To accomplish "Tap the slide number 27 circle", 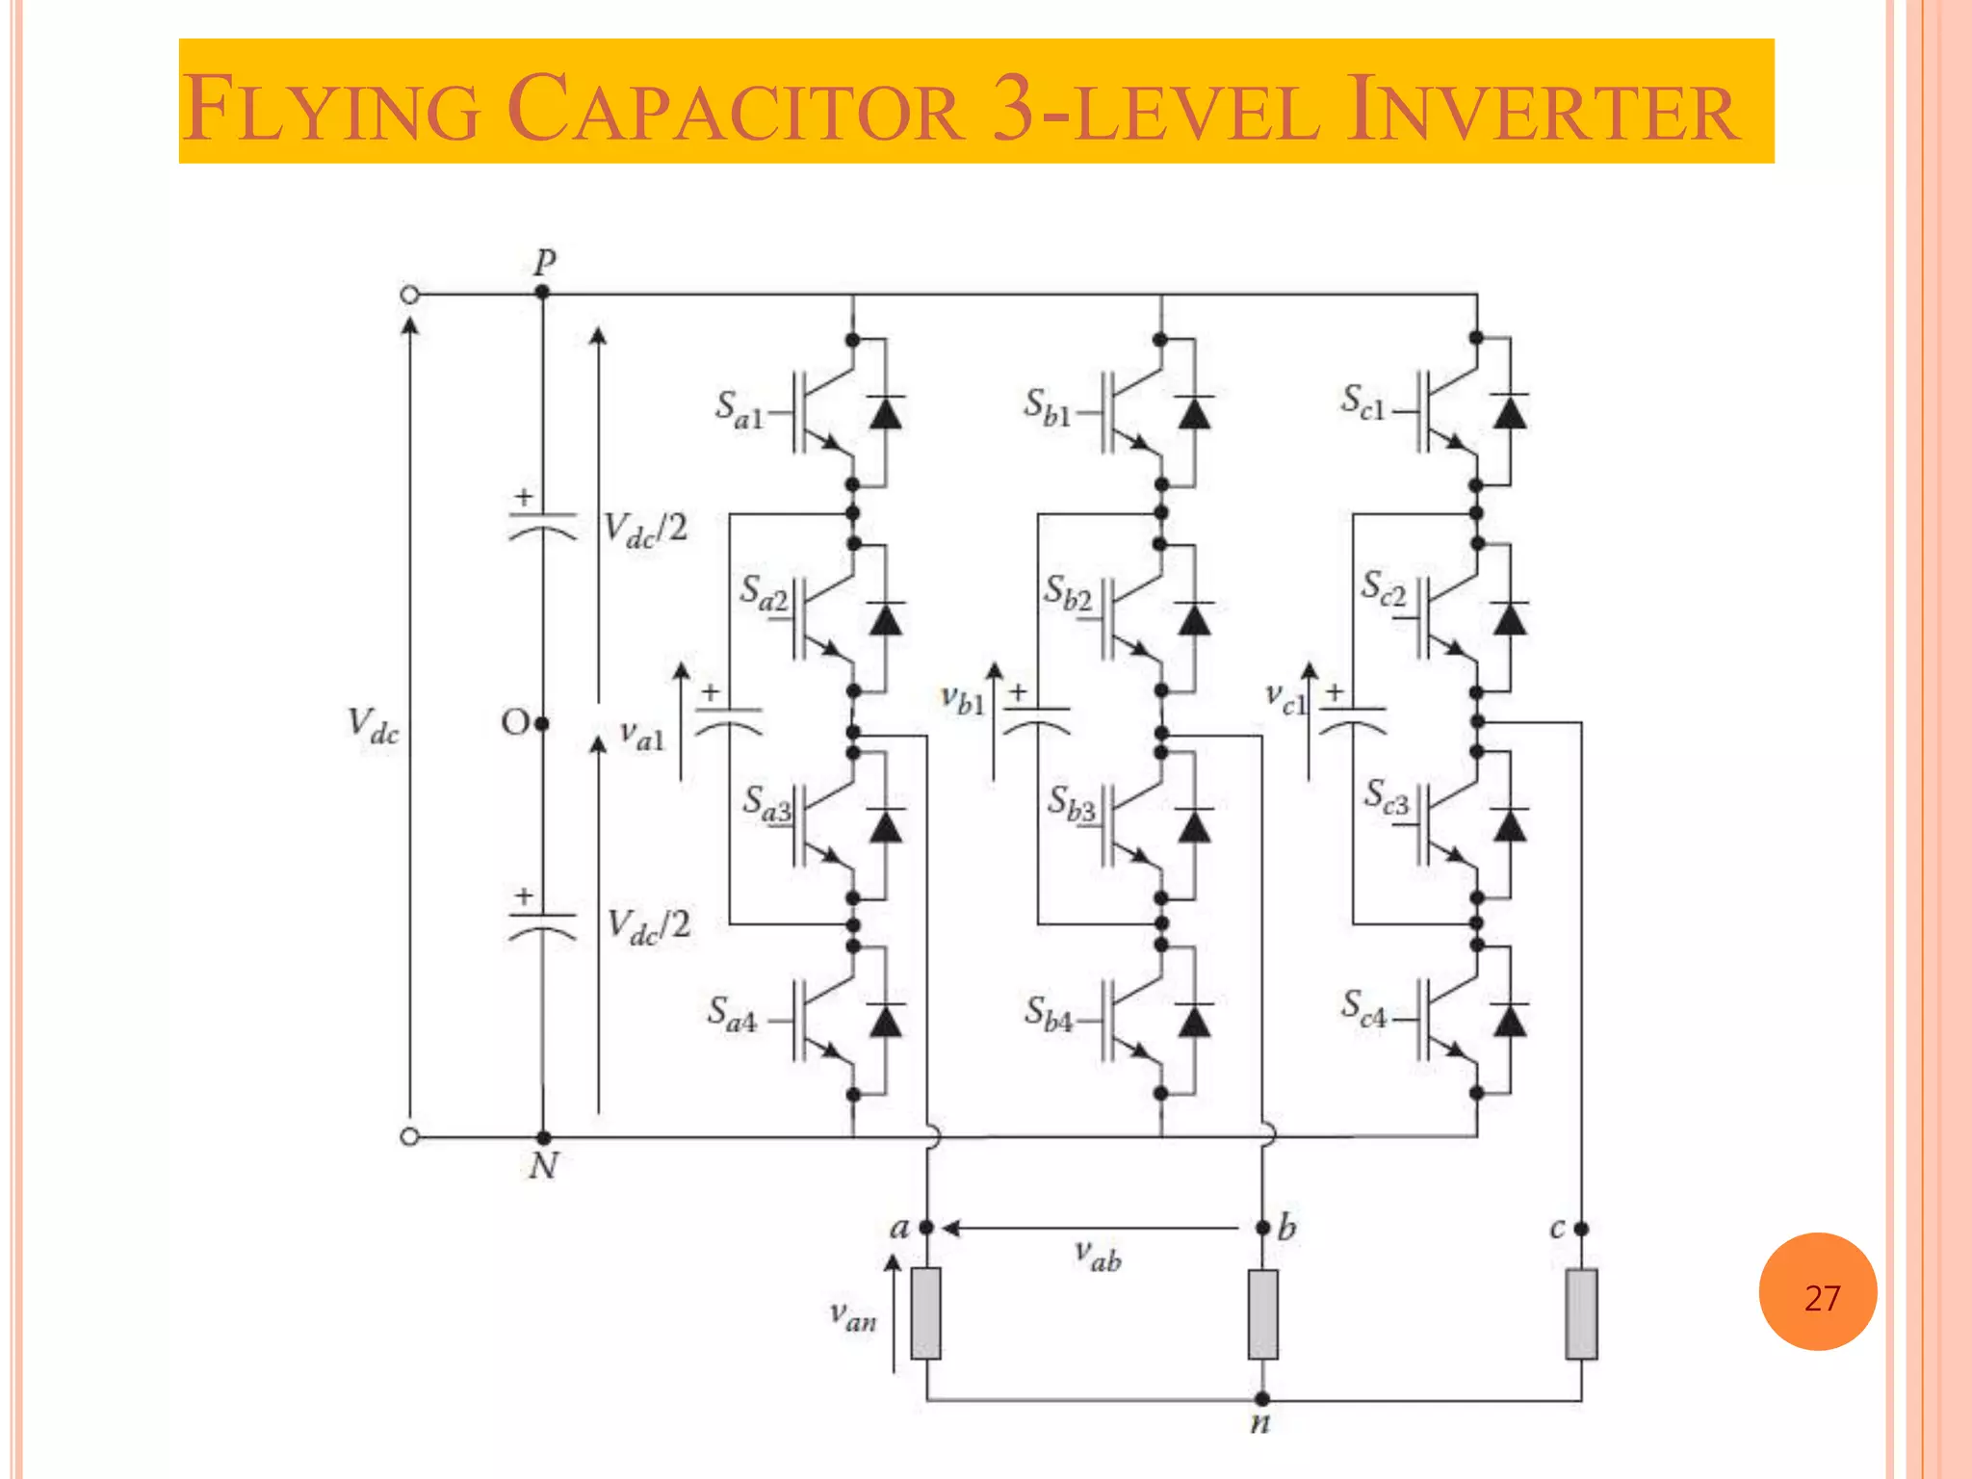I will (1817, 1292).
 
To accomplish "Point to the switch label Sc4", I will (1363, 1008).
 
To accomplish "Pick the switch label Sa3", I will (766, 804).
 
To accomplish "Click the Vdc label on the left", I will (373, 724).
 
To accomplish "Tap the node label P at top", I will (545, 262).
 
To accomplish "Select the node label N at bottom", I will (543, 1166).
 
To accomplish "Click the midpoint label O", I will (515, 722).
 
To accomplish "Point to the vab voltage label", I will (1099, 1257).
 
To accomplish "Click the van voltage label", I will (853, 1315).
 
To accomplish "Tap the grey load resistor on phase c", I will (1581, 1313).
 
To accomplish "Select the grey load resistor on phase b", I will (1262, 1313).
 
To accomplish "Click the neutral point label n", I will (1259, 1423).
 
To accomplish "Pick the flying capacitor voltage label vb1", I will (963, 700).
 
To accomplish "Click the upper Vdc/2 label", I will (645, 529).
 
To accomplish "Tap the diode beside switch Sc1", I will (1509, 412).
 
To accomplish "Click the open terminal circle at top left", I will (409, 295).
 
